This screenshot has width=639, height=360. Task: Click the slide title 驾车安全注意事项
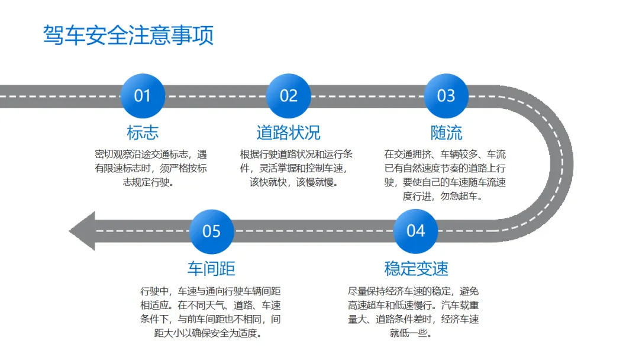tap(128, 36)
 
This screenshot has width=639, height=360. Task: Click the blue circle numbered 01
tap(143, 96)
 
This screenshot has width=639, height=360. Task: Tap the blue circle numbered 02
tap(288, 96)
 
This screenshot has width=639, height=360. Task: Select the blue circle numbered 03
tap(446, 96)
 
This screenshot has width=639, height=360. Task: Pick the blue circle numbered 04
tap(415, 231)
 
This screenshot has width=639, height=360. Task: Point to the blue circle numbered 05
tap(211, 231)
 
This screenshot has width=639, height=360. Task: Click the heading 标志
tap(143, 132)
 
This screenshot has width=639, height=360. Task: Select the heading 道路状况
tap(288, 132)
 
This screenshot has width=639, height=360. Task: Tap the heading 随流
tap(446, 132)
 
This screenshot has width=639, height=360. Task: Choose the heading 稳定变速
tap(416, 268)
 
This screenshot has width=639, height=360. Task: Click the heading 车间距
tap(211, 268)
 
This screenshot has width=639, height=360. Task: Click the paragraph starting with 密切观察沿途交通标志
tap(150, 168)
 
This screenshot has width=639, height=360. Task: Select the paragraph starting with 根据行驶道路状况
tap(296, 168)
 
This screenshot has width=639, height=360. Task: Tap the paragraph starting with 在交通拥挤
tap(445, 175)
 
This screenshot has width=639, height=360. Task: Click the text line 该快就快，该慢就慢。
tap(294, 182)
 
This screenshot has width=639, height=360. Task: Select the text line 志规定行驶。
tap(148, 182)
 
